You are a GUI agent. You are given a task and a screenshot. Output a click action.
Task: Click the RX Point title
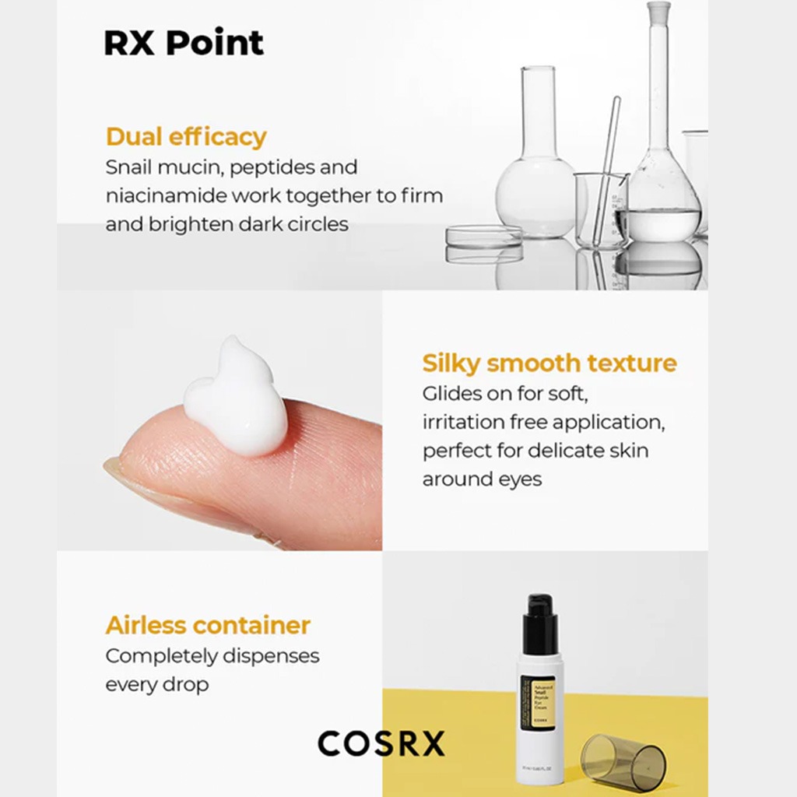184,44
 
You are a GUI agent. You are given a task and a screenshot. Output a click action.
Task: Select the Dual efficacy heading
186,137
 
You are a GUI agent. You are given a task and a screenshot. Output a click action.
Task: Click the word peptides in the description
256,167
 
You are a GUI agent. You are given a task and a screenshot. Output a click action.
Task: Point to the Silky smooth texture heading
549,363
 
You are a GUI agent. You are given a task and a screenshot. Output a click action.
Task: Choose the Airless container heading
208,625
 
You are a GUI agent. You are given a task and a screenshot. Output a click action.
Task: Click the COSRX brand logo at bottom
381,743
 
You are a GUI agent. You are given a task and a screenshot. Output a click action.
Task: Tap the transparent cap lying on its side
623,761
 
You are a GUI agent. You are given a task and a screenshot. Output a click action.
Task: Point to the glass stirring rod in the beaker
608,163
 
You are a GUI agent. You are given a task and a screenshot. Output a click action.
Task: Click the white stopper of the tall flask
658,12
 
